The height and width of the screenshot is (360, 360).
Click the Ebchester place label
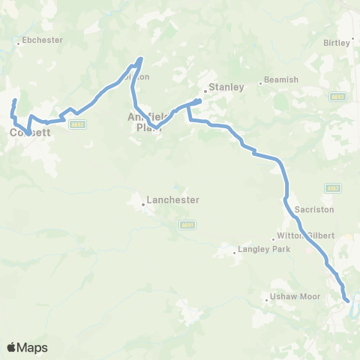pos(43,40)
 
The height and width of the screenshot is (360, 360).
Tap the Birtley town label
pos(338,43)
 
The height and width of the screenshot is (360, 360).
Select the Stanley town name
pos(226,87)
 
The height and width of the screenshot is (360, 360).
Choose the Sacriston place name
pos(314,210)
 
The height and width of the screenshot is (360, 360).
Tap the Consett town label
pos(30,133)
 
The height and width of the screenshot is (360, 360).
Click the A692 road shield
pos(75,124)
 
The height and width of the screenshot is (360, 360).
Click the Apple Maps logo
pos(27,347)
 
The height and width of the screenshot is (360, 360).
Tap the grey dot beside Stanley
pos(205,93)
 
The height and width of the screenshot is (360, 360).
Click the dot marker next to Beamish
pos(260,82)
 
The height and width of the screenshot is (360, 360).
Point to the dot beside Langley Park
pos(233,253)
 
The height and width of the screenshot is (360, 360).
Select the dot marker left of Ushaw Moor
pos(266,302)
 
